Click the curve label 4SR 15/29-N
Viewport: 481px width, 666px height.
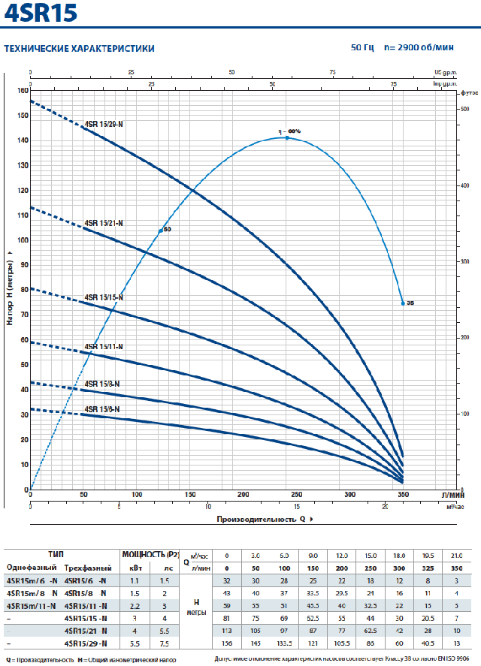point(104,123)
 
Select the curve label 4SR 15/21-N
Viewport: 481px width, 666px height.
point(104,223)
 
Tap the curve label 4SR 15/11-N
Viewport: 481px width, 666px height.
point(104,346)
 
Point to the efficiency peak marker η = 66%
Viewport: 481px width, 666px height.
point(287,137)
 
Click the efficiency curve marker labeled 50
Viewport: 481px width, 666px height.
point(161,230)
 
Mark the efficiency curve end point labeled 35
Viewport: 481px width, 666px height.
point(404,303)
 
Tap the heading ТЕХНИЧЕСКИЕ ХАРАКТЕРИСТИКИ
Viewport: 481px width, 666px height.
point(80,49)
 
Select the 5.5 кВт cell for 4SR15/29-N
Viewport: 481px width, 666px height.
point(134,643)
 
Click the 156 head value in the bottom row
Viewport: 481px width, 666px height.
point(226,643)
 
